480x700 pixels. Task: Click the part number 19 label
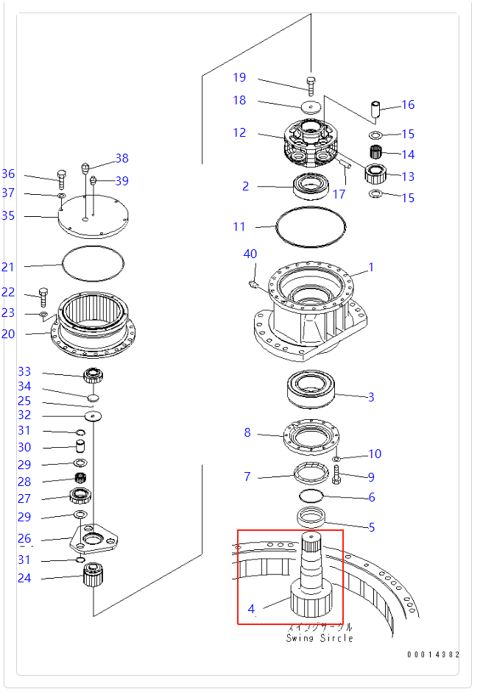(239, 78)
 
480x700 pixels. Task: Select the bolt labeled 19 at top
(310, 85)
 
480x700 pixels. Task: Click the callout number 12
(239, 133)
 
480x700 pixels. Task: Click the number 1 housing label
(371, 268)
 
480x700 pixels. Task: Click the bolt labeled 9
(338, 474)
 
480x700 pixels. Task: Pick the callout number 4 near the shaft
(251, 609)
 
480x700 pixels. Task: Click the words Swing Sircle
(320, 637)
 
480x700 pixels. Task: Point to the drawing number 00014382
(434, 654)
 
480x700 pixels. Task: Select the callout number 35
(8, 215)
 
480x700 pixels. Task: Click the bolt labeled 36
(62, 179)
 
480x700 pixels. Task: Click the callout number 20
(8, 334)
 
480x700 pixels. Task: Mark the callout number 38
(121, 158)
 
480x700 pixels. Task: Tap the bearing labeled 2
(312, 186)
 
